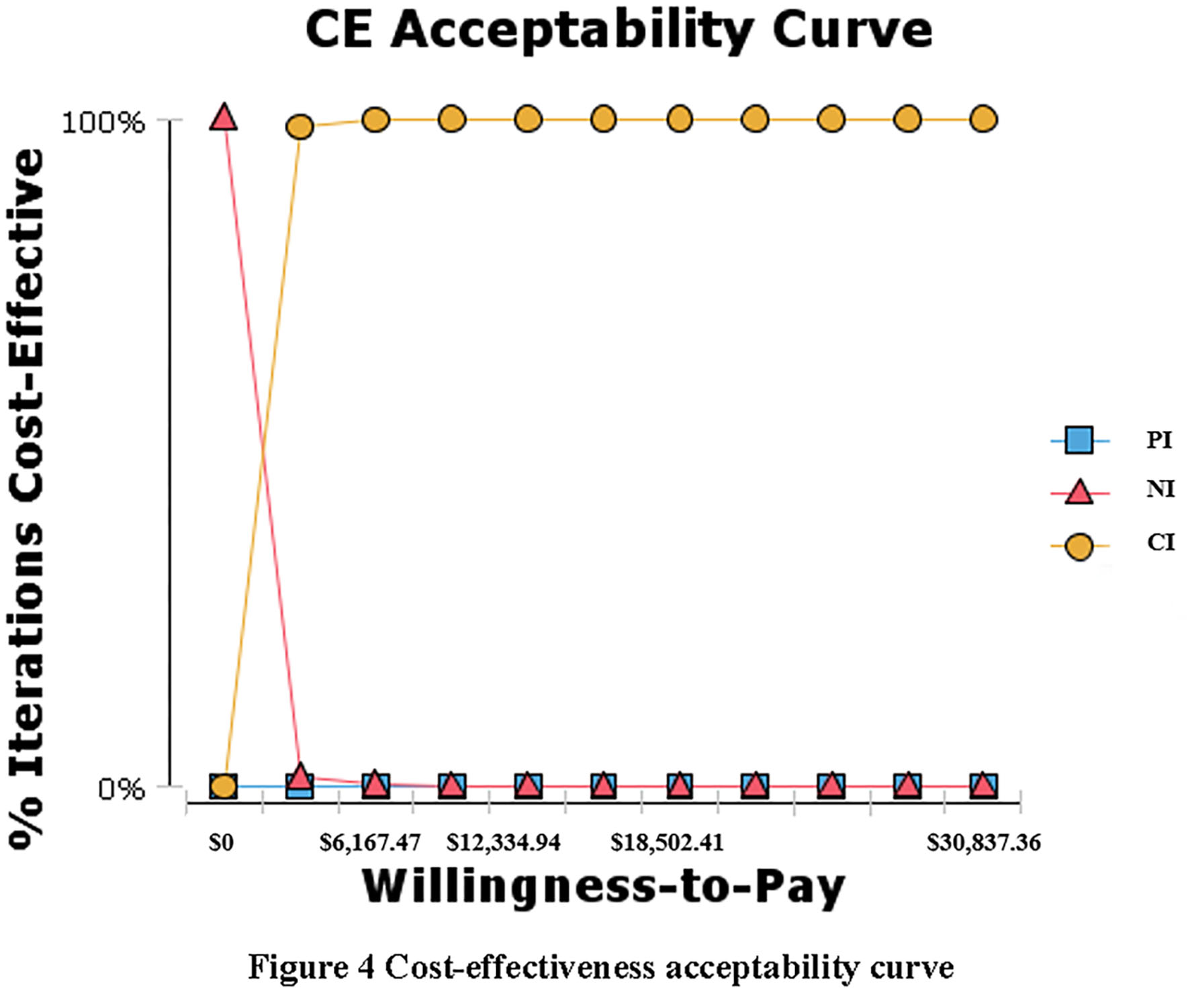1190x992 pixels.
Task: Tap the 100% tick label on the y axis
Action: [x=103, y=123]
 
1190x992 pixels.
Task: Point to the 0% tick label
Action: [x=122, y=789]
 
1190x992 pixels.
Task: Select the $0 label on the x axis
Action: [x=221, y=842]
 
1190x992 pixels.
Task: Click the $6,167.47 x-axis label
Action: [x=370, y=842]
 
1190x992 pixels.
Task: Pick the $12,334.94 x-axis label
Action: [x=504, y=842]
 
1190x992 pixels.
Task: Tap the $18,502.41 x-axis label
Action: [x=667, y=842]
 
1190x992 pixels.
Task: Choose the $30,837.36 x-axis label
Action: [x=984, y=842]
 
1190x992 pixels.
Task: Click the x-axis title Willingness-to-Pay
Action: [x=603, y=887]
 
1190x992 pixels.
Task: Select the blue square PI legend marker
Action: [x=1079, y=441]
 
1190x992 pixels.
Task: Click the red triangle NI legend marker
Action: [x=1079, y=492]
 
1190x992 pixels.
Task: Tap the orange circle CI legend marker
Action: [x=1079, y=546]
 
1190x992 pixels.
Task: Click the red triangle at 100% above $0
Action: [x=224, y=117]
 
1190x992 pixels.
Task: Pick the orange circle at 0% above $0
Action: [x=224, y=785]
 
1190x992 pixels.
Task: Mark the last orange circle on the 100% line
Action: [x=984, y=119]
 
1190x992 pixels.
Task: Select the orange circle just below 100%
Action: [x=300, y=126]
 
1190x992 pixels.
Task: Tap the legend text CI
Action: [x=1160, y=542]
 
